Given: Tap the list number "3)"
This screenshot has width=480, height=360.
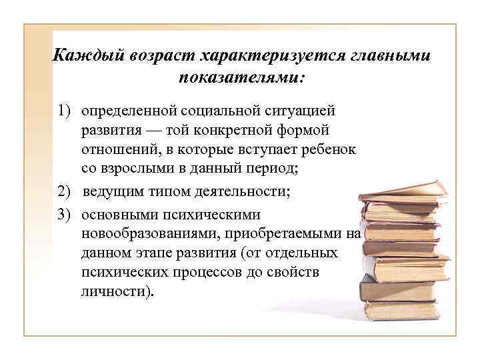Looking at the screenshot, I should [x=64, y=215].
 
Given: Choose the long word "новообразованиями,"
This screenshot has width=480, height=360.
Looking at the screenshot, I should [x=151, y=234].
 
